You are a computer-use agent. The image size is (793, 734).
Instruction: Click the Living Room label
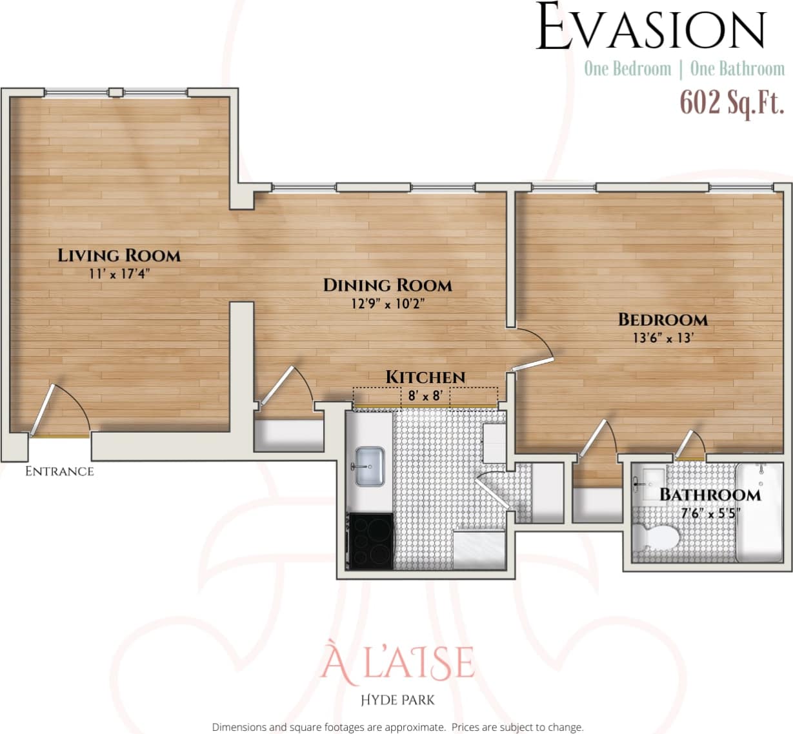point(119,255)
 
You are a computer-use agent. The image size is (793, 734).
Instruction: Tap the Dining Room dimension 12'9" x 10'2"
point(387,304)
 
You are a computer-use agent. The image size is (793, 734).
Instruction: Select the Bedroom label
point(663,319)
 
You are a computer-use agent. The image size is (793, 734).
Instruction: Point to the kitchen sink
point(368,466)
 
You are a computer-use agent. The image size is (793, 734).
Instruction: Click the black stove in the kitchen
point(370,541)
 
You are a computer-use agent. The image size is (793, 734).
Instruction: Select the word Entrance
point(59,471)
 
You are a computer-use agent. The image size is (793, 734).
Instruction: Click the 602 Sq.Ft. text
point(732,103)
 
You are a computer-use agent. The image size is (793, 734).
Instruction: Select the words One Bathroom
point(737,68)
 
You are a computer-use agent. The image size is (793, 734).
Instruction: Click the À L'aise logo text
point(397,662)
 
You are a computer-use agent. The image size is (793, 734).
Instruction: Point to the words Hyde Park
point(397,700)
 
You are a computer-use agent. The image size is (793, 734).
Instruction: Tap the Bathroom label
point(710,495)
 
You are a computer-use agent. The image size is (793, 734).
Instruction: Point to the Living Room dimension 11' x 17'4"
point(119,273)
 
